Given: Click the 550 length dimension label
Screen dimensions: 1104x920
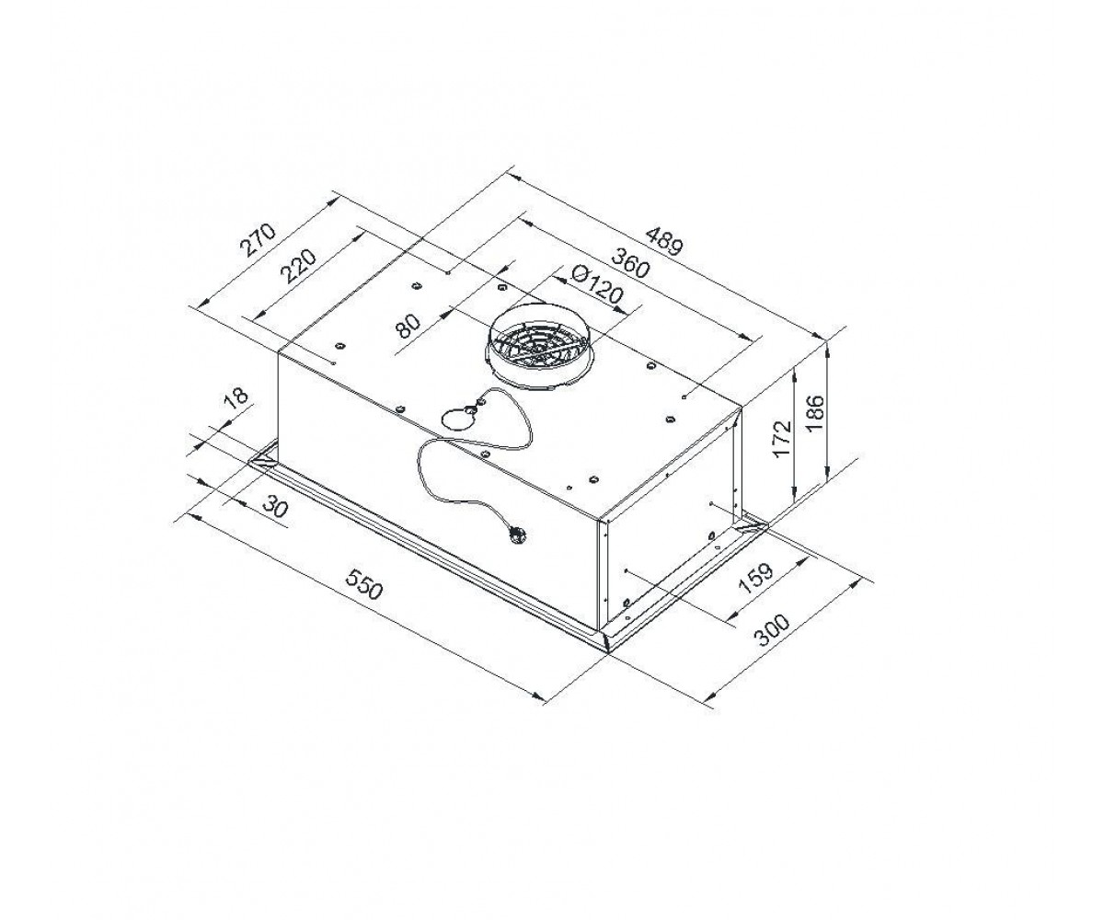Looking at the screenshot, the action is point(363,582).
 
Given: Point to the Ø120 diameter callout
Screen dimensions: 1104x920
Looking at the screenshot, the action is point(597,286).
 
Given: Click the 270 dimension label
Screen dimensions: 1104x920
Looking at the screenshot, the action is point(259,239).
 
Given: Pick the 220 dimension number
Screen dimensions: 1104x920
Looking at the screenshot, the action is point(299,266).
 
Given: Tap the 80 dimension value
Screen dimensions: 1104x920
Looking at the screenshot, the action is point(408,327).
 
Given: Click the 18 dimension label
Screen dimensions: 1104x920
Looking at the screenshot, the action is point(236,397).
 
